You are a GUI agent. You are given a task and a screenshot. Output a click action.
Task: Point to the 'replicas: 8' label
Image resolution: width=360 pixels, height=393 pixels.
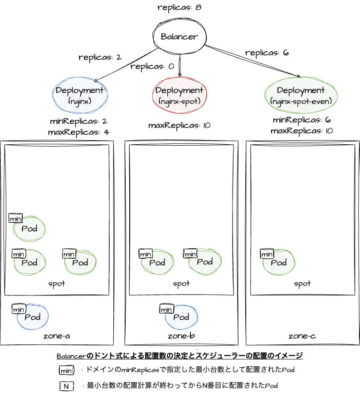coord(180,8)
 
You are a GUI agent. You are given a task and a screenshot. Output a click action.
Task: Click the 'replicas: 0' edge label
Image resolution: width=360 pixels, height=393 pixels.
coord(152,66)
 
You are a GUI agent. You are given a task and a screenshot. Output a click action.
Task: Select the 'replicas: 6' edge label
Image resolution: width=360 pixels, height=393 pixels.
coord(267,53)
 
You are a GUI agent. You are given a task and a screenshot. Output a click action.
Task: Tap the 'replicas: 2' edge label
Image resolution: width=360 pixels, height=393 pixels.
coord(100,58)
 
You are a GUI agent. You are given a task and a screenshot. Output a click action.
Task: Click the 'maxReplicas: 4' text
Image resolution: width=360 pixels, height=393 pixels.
coord(78,132)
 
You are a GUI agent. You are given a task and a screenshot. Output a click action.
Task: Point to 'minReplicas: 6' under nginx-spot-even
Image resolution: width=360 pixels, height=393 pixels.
coord(302,120)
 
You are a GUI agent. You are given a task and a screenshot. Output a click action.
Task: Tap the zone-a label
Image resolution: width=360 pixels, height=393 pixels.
coord(57,336)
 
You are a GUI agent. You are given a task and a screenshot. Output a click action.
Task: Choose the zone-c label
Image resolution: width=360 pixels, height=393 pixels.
coord(302,336)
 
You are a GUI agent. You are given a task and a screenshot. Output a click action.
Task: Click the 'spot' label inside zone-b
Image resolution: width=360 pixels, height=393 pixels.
coord(181,284)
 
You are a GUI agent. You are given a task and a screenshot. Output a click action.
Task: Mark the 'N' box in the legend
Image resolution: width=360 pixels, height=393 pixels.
coord(67,386)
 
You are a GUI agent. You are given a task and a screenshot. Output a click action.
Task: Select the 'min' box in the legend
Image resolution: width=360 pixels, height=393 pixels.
coord(67,370)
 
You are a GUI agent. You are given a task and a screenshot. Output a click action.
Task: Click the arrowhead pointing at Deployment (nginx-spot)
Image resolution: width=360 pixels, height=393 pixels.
coord(180,74)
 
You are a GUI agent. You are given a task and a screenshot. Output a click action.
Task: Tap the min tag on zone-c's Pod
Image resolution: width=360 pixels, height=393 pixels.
coord(267,254)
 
